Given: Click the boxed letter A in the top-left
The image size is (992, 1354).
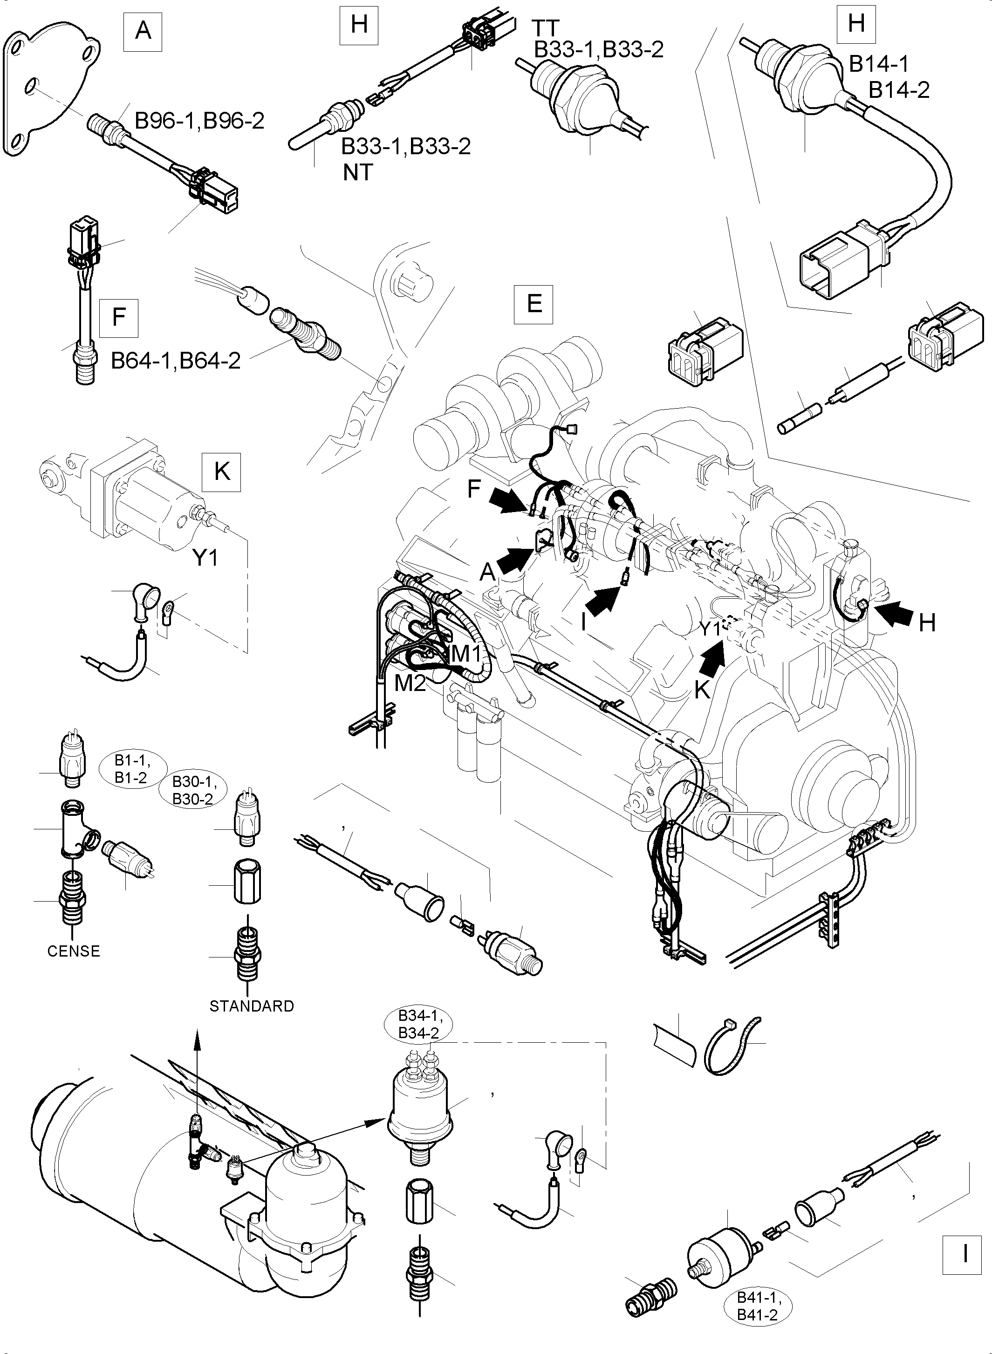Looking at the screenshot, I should tap(143, 29).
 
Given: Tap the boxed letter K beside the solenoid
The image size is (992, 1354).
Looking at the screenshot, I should tap(222, 472).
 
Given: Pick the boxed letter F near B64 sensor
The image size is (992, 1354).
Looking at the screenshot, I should tap(118, 317).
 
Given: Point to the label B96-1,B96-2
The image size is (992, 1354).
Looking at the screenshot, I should tap(199, 121).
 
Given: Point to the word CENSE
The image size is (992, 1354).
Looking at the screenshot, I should tap(73, 951).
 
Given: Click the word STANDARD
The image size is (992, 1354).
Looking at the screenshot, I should tap(252, 1006).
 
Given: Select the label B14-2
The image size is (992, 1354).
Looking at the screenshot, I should tap(899, 90).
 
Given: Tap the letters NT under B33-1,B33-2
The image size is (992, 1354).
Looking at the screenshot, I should tap(358, 173).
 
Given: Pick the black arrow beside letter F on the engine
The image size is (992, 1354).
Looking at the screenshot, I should tap(506, 499).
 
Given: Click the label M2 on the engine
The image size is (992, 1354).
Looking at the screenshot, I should tap(410, 683).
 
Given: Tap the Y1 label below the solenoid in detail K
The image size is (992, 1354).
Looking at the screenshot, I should tap(205, 558).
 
